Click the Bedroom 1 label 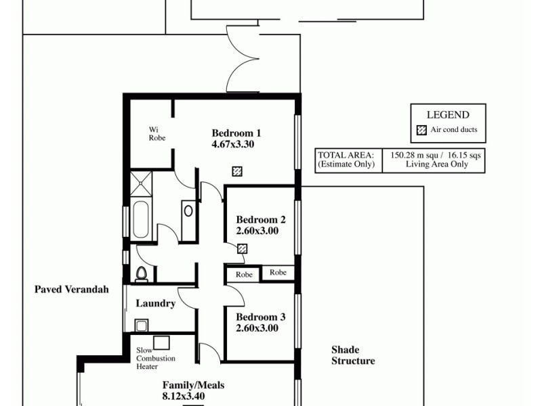point(236,133)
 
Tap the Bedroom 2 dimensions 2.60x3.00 point(257,231)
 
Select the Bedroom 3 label point(260,317)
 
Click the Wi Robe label point(157,133)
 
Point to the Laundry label point(155,304)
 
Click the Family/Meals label point(193,385)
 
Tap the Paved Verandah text point(72,290)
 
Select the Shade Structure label point(352,355)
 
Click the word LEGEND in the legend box point(447,115)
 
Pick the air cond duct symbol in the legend point(421,130)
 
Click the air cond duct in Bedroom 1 point(237,171)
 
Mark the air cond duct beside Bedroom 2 point(242,248)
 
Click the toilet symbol point(142,273)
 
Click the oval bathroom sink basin point(188,210)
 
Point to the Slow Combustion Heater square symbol point(161,342)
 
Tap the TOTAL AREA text point(346,154)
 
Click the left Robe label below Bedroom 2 point(244,275)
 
